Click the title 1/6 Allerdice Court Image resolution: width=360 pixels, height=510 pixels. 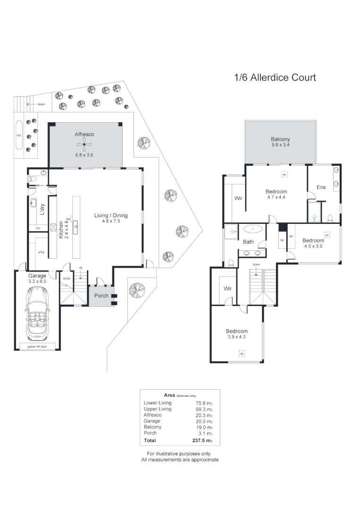[x=275, y=77]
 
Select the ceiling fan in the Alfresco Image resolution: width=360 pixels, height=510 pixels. [x=84, y=144]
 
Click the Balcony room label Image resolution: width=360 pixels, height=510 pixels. [x=280, y=139]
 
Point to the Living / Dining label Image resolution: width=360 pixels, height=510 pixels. [x=111, y=216]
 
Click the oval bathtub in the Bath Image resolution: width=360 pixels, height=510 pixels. [x=254, y=229]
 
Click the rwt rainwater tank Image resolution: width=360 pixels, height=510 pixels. [x=19, y=136]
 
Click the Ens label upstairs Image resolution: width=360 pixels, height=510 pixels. [x=321, y=187]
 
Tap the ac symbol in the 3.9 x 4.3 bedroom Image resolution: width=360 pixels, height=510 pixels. [x=242, y=353]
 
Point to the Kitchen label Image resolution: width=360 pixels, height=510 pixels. [x=61, y=230]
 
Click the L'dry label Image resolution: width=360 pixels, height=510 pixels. [x=42, y=209]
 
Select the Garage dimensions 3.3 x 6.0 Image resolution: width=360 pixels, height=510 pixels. [x=36, y=281]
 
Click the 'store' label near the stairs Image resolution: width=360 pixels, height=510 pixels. [x=67, y=279]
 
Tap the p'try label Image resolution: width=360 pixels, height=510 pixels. [x=42, y=252]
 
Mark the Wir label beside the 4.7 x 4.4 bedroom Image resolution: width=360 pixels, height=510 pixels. [x=239, y=199]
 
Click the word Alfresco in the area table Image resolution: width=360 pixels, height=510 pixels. [x=153, y=415]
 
